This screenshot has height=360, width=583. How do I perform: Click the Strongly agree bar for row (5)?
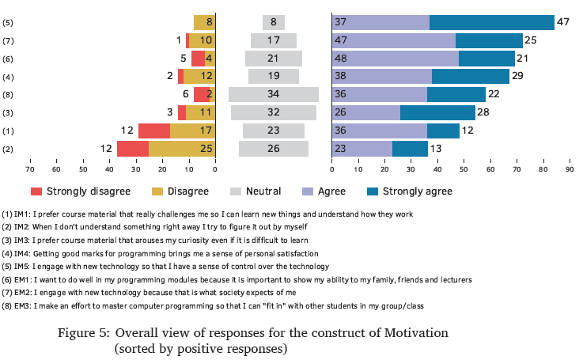click(x=491, y=22)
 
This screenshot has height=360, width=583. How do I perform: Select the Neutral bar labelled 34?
click(x=274, y=94)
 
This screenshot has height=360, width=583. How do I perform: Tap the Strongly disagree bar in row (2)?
click(x=133, y=149)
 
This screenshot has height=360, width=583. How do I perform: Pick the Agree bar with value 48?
click(x=396, y=58)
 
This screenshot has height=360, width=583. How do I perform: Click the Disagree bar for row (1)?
click(x=192, y=131)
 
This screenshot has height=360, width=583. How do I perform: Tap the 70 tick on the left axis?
click(x=30, y=168)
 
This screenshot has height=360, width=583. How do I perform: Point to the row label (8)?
click(x=9, y=94)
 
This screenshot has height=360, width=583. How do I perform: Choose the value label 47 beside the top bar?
click(x=563, y=22)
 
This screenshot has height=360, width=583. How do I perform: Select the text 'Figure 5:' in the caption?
click(x=84, y=332)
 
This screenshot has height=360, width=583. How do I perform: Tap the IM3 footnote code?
click(x=23, y=240)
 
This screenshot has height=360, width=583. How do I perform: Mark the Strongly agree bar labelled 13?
click(x=410, y=149)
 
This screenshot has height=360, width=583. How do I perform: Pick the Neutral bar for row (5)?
click(x=274, y=22)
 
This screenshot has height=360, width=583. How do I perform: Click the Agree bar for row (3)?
click(x=366, y=112)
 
